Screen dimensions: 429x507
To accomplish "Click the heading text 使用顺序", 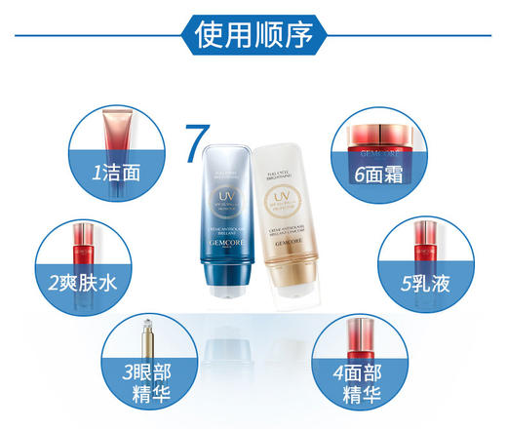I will (x=253, y=34).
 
